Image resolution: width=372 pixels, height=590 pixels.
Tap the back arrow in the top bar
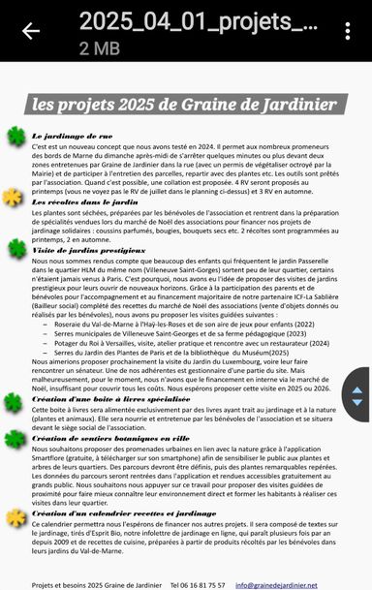tap(30, 31)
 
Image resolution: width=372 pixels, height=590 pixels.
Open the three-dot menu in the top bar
tap(348, 31)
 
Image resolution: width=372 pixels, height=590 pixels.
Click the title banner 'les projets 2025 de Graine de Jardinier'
tap(184, 104)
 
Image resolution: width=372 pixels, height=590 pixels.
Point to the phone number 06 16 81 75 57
tap(198, 584)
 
